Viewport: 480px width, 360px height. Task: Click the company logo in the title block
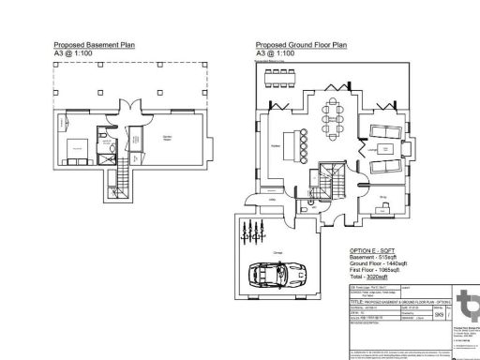click(x=465, y=307)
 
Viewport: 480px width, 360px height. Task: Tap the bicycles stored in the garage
click(x=248, y=229)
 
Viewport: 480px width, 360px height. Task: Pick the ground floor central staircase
click(x=329, y=177)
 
